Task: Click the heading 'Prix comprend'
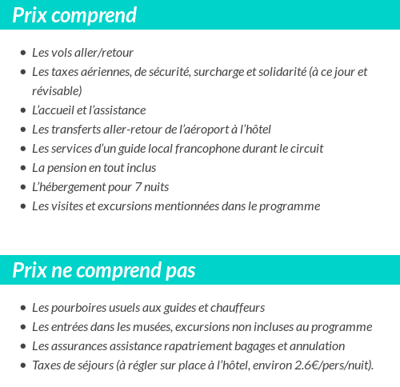pyautogui.click(x=74, y=15)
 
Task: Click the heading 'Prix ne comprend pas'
pyautogui.click(x=104, y=270)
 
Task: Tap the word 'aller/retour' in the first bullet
pyautogui.click(x=104, y=53)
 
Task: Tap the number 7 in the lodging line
pyautogui.click(x=138, y=187)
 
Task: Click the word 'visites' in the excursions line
pyautogui.click(x=68, y=206)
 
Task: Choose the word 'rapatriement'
pyautogui.click(x=191, y=346)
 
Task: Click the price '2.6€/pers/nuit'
pyautogui.click(x=328, y=365)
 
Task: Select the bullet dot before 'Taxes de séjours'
pyautogui.click(x=22, y=366)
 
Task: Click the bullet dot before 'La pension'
pyautogui.click(x=22, y=169)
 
